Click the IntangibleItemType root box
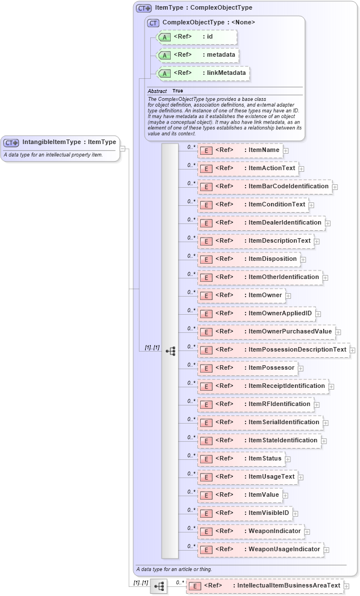click(61, 142)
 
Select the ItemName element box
click(240, 150)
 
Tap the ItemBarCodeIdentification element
click(264, 187)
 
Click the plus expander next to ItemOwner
click(288, 295)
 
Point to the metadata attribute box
click(197, 55)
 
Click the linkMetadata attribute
click(202, 73)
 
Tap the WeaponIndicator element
click(250, 531)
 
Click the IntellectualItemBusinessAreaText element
click(265, 586)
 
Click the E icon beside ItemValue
click(206, 495)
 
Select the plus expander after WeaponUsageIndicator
click(327, 549)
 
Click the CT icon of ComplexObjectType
click(153, 23)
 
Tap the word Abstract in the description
click(157, 91)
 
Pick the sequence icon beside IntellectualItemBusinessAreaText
click(158, 586)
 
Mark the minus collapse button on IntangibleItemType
click(122, 149)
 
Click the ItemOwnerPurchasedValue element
click(266, 332)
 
